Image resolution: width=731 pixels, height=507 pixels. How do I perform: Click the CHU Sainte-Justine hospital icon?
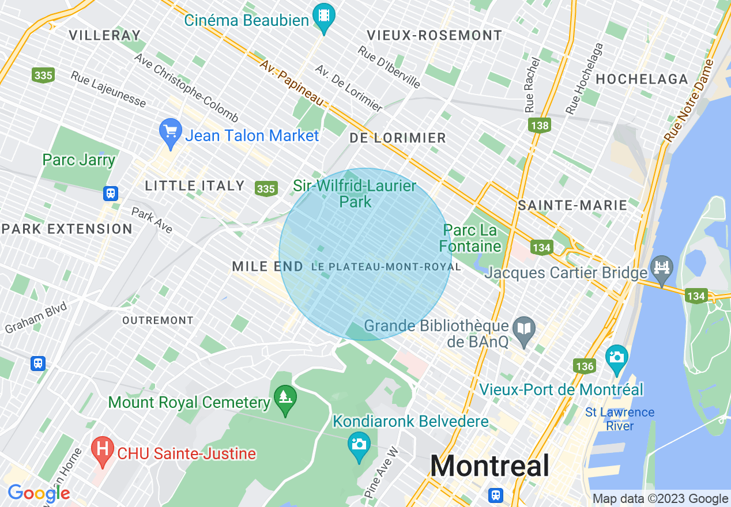(103, 451)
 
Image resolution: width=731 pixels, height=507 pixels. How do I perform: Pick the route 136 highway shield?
(584, 366)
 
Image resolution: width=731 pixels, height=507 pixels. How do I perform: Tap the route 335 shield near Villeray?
(43, 75)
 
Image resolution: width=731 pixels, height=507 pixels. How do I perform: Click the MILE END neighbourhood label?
(267, 267)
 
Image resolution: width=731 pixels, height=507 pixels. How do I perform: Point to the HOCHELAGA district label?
(642, 80)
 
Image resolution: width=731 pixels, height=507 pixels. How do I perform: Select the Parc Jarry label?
(79, 160)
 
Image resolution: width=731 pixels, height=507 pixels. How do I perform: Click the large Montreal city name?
(489, 466)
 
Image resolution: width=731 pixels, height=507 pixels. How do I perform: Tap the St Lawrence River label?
(620, 419)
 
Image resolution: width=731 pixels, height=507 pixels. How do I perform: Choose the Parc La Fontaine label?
(470, 239)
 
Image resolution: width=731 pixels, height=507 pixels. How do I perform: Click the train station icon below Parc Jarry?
(111, 194)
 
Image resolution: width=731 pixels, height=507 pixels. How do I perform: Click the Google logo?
(39, 493)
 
